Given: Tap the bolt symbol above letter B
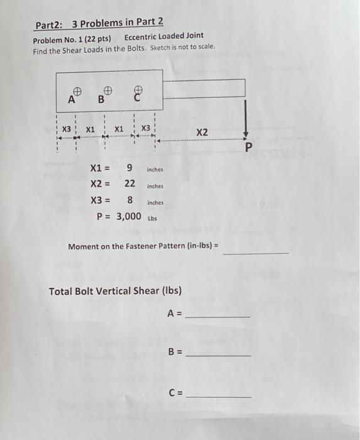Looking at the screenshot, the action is [108, 89].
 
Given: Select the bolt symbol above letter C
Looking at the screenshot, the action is [138, 90].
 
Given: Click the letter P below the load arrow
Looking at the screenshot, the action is [248, 148].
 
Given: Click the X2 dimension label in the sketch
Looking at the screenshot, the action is [202, 133].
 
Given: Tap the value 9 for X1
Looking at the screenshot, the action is [129, 168].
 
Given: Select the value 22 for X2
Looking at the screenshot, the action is [129, 184].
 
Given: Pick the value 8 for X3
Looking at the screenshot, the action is [129, 201].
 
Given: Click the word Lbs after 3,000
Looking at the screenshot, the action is [153, 219].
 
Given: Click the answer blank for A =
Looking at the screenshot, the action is [218, 316].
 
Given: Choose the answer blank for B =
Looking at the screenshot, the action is [218, 355].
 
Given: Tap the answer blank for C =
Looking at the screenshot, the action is [218, 397].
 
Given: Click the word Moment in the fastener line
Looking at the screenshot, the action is [84, 246].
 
